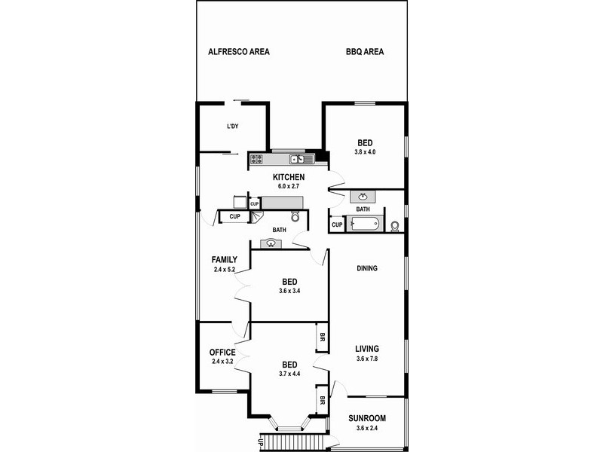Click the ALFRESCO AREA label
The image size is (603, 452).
click(239, 52)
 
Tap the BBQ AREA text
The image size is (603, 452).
click(365, 52)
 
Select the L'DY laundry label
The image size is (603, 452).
click(233, 126)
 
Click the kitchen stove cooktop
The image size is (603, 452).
click(256, 159)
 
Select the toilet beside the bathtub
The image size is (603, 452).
click(395, 224)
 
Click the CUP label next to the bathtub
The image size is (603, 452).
click(337, 224)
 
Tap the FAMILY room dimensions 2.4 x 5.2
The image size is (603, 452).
click(224, 269)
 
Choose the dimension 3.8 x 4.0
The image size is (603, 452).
click(364, 152)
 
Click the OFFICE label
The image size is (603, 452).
click(223, 352)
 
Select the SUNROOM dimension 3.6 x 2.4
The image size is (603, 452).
click(367, 429)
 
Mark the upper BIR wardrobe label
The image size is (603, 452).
click(322, 336)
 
